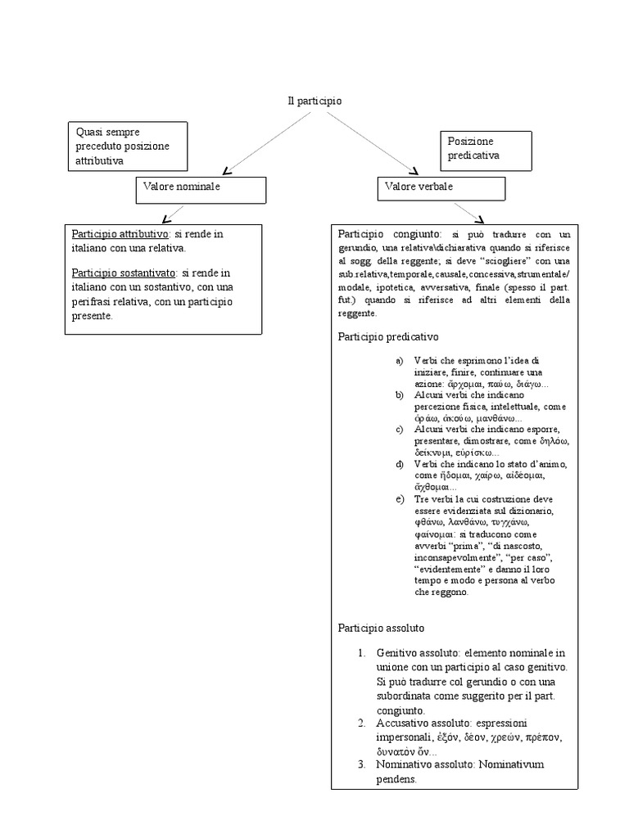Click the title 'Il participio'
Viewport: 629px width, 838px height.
314,101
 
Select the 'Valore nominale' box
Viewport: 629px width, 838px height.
201,189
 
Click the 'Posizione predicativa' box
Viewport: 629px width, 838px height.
486,150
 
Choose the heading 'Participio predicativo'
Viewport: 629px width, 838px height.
388,336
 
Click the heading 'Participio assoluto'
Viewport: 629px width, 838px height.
381,628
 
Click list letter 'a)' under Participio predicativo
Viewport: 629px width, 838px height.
400,361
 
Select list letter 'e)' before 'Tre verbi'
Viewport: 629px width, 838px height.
400,499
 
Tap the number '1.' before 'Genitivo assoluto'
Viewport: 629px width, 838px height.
362,653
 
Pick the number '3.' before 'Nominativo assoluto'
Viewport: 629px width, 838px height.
362,764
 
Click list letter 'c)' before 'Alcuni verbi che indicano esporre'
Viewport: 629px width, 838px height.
400,430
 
